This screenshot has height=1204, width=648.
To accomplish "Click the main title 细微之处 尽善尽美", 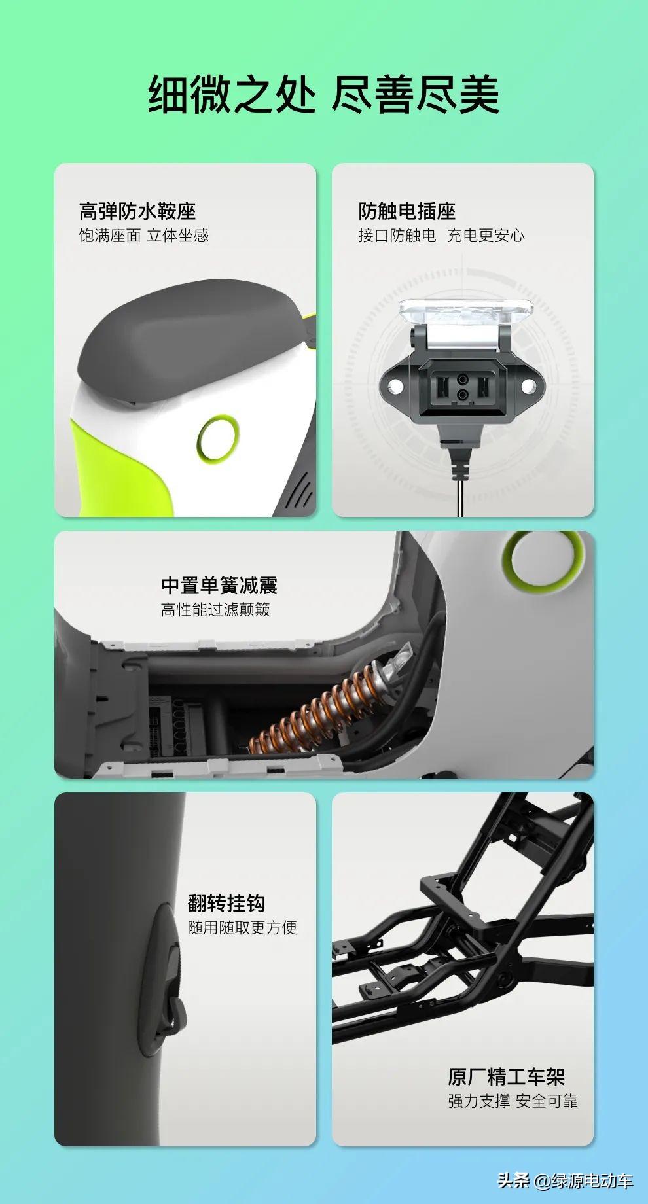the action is [323, 94].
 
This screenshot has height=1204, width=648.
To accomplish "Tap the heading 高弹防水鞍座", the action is [137, 211].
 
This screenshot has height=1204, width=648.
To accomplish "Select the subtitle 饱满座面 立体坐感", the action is [144, 236].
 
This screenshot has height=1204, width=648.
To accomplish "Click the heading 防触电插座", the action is [406, 211].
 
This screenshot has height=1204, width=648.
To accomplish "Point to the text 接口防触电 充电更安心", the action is [441, 236].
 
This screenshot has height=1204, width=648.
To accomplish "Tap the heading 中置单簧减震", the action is [219, 585].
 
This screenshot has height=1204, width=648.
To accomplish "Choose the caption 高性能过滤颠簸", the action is [215, 610].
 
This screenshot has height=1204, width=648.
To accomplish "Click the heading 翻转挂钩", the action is [226, 904].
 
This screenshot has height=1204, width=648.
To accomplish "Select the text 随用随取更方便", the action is [242, 928].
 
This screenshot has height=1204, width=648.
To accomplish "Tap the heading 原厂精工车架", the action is [507, 1076].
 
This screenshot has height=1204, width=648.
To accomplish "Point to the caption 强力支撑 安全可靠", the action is [513, 1101].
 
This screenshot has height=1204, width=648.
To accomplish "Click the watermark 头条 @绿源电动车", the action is [566, 1180].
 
